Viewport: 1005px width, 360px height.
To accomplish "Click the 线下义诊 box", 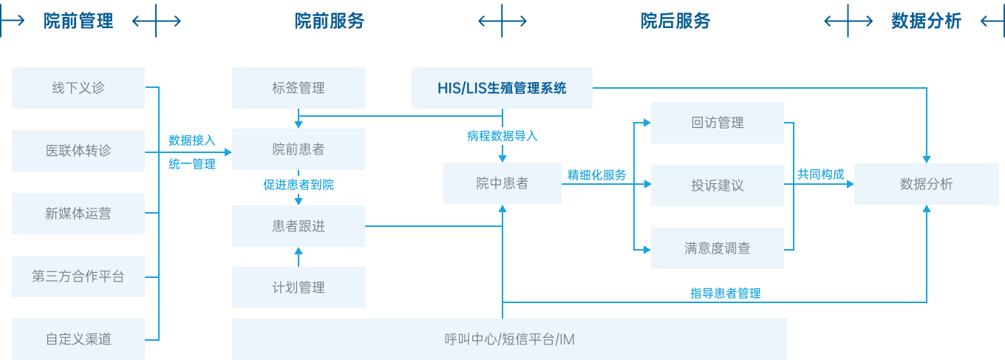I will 78,88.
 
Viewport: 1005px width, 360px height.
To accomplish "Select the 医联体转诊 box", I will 78,151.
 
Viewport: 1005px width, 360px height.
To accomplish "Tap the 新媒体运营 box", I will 78,214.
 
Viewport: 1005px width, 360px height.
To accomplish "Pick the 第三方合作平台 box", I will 78,276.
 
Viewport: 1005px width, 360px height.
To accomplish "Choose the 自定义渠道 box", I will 78,339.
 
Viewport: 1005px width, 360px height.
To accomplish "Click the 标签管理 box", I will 299,88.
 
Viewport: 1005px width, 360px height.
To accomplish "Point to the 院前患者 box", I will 299,149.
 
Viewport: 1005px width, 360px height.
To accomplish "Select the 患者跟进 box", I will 299,226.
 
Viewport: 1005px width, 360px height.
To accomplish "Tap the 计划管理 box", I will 299,288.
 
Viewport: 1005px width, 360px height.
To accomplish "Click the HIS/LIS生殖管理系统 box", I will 502,88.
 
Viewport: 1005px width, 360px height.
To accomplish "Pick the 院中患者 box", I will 502,183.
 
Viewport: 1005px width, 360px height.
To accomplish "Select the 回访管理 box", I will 717,123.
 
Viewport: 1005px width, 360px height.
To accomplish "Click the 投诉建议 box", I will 717,186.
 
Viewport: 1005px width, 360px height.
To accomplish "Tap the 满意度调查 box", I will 717,248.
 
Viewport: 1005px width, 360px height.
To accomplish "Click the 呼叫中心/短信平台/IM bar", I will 509,339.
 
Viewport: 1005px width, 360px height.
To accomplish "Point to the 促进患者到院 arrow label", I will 299,185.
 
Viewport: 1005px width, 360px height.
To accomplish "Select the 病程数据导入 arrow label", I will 502,136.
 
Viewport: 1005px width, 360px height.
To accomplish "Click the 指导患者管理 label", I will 725,293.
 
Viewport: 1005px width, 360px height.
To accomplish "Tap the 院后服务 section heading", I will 675,21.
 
